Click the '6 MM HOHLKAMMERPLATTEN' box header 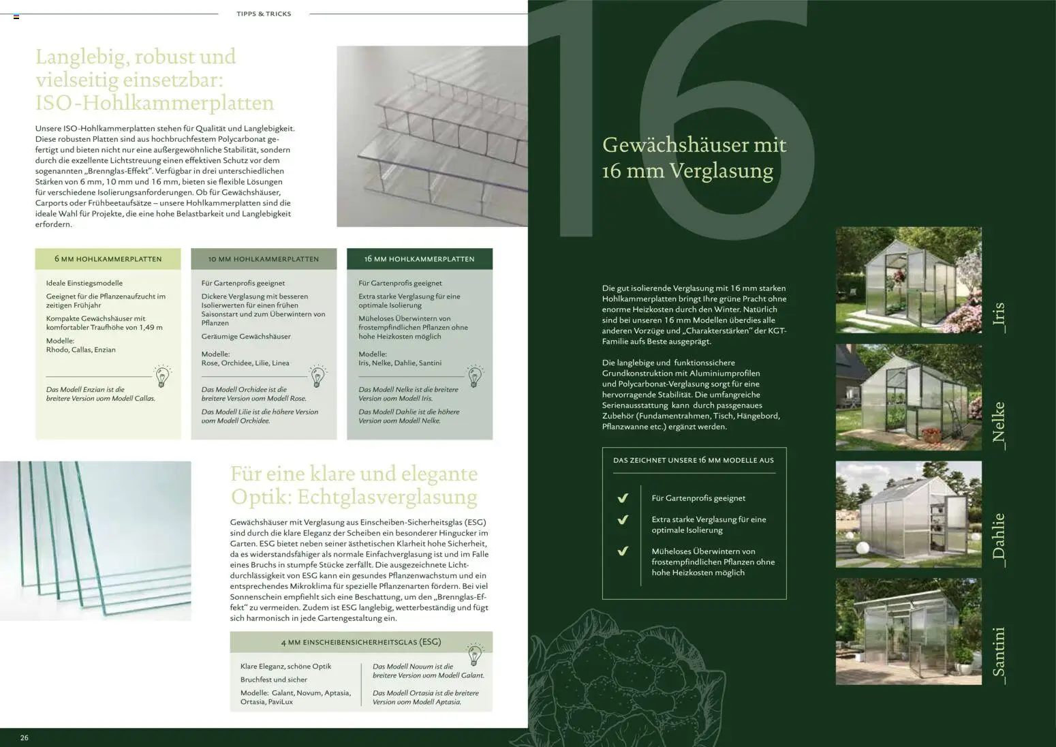(108, 259)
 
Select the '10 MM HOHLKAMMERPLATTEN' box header (264, 259)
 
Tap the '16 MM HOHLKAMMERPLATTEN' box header (419, 259)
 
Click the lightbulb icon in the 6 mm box (162, 376)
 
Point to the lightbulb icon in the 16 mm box (475, 376)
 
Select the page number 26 (25, 737)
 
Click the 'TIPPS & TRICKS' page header (264, 14)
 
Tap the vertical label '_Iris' (999, 317)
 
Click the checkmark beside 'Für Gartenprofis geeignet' (622, 498)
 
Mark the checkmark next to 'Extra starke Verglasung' (622, 520)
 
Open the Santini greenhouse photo (908, 632)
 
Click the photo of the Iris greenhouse (908, 280)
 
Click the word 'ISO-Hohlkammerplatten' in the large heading (155, 103)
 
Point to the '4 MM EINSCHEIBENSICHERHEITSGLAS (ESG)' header (360, 642)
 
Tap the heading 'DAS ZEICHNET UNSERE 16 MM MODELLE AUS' (694, 460)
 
